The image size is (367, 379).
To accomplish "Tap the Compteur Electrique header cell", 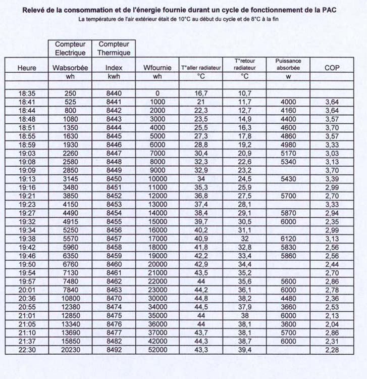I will pos(71,48).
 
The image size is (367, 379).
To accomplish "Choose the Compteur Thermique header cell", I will pos(114,48).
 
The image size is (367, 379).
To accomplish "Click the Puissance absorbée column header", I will pos(288,64).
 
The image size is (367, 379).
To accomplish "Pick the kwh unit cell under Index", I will pos(114,76).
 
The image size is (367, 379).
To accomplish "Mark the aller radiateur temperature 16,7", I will pos(201,93).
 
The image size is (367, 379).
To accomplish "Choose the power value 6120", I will pos(288,239).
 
